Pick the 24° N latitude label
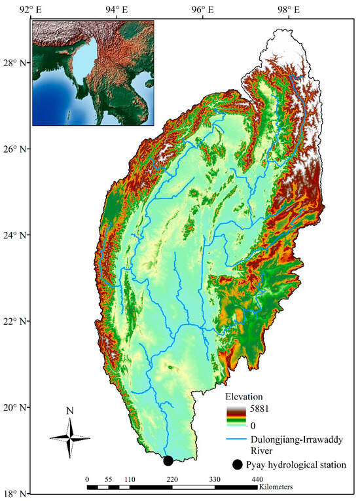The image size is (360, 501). [x=14, y=235]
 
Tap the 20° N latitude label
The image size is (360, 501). [x=14, y=407]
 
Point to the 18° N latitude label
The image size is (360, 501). [x=14, y=493]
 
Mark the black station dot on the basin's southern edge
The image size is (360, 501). [x=168, y=461]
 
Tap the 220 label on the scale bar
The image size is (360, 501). [x=171, y=479]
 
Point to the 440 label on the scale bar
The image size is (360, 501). [x=257, y=479]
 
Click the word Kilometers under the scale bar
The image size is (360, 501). [x=276, y=488]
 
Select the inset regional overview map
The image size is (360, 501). [x=92, y=73]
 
